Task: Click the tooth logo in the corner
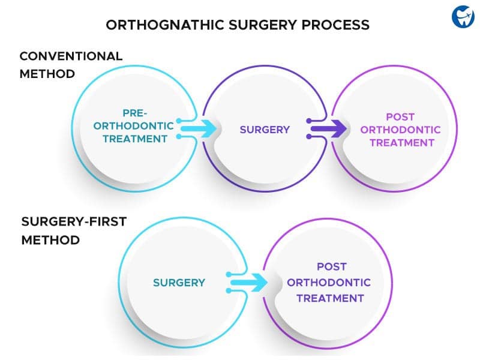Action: pyautogui.click(x=463, y=17)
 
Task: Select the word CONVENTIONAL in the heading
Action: pyautogui.click(x=71, y=56)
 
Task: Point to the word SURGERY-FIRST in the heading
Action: pyautogui.click(x=74, y=221)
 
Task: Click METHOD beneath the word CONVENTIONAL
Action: pyautogui.click(x=47, y=74)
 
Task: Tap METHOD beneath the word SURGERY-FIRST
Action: pyautogui.click(x=51, y=240)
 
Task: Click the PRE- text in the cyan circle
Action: pyautogui.click(x=135, y=113)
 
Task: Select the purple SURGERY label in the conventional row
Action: pyautogui.click(x=265, y=130)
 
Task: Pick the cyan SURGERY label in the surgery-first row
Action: pyautogui.click(x=179, y=283)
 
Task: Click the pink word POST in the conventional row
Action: pyautogui.click(x=400, y=117)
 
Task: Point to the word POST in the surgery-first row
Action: pyautogui.click(x=332, y=266)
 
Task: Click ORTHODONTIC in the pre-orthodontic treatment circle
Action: pyautogui.click(x=133, y=126)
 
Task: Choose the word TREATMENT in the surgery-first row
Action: pyautogui.click(x=331, y=298)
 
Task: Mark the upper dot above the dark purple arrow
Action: pyautogui.click(x=309, y=121)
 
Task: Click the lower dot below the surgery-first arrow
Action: pyautogui.click(x=229, y=290)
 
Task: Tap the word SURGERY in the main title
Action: pyautogui.click(x=263, y=25)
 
